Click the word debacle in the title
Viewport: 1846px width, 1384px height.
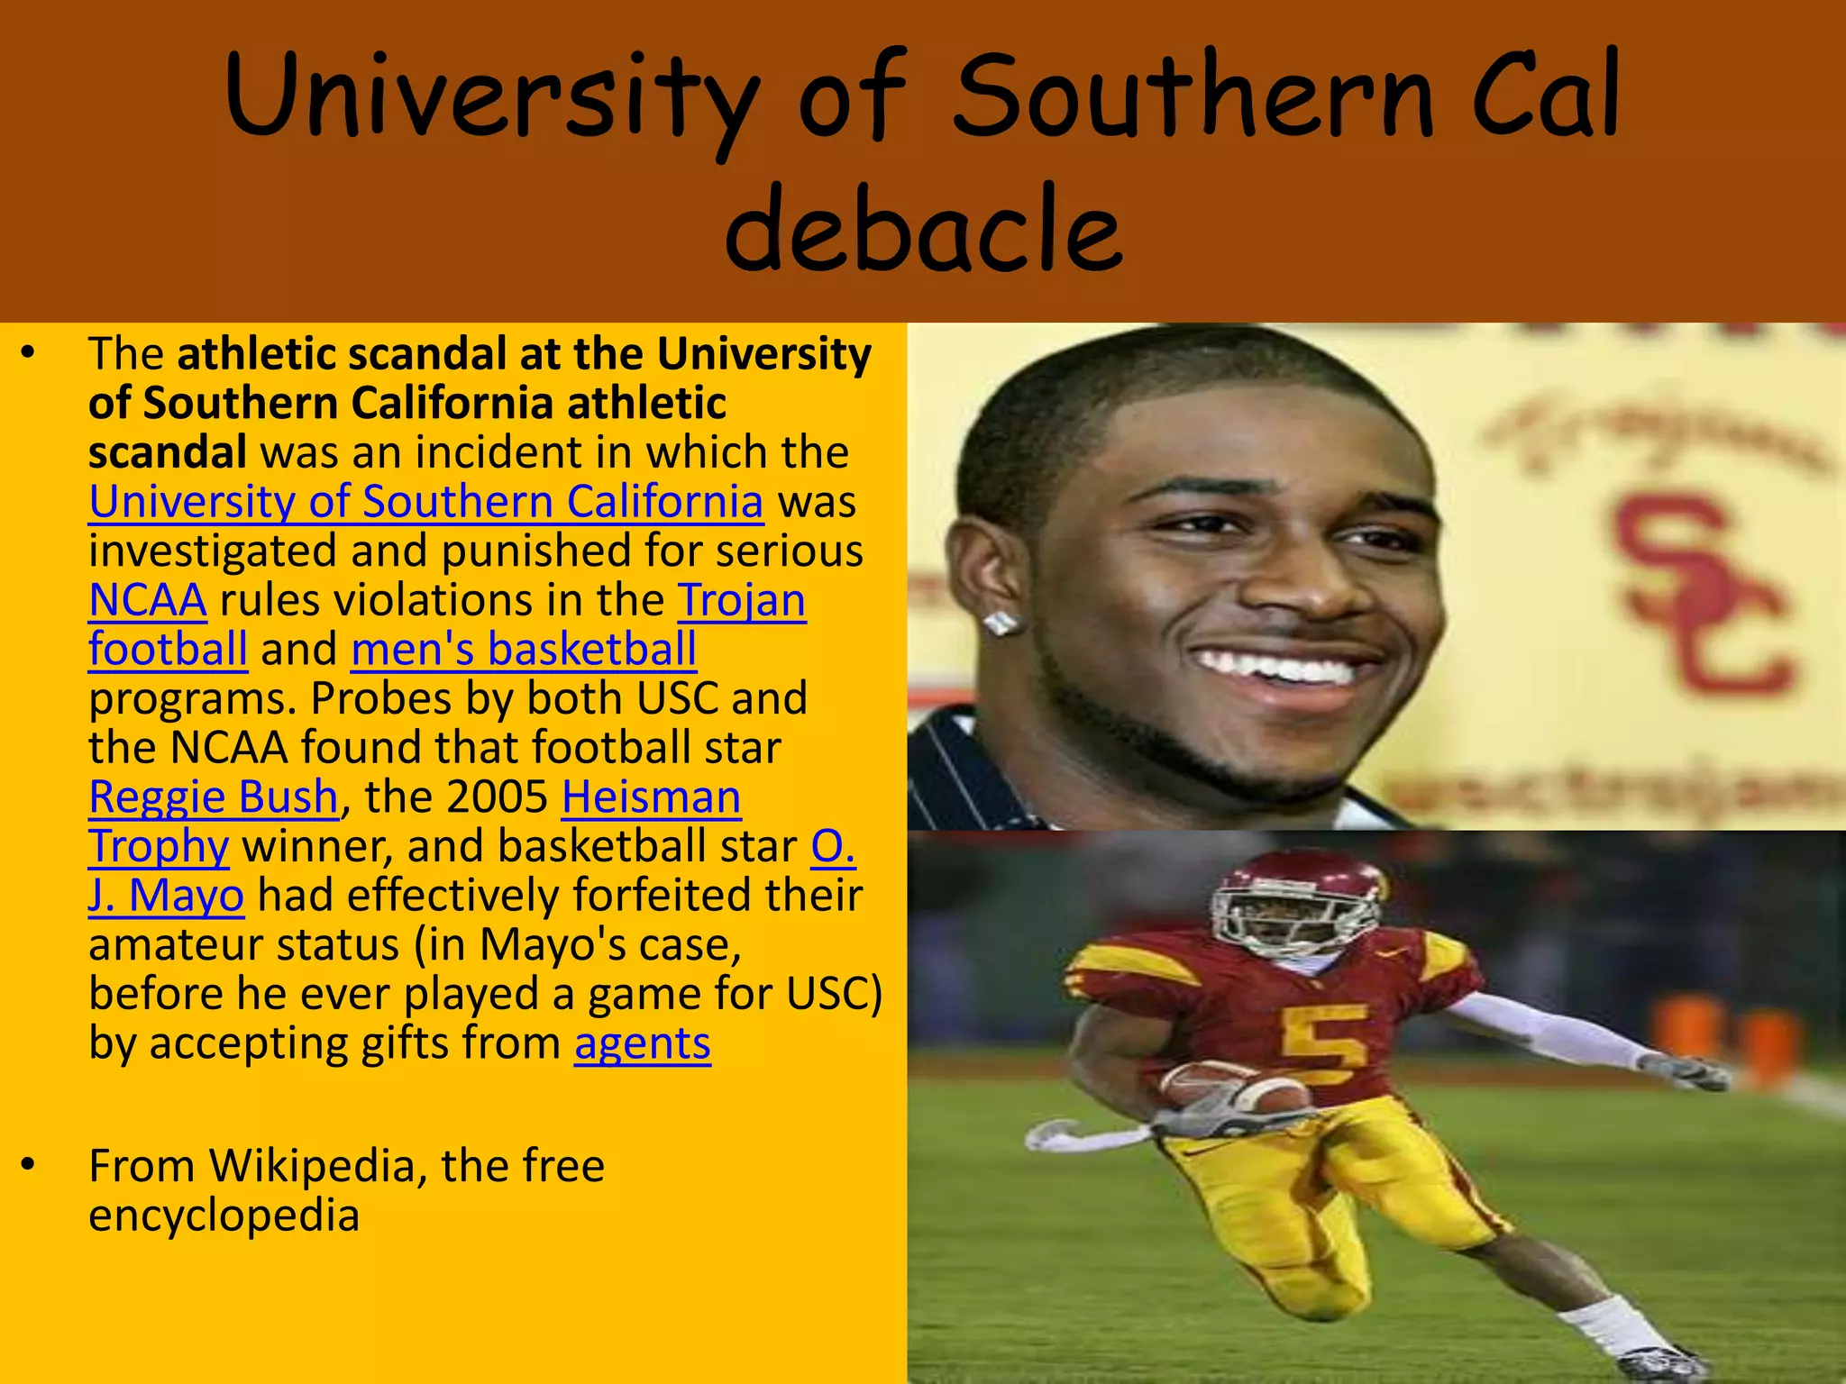(x=923, y=227)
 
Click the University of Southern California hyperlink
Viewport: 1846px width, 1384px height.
(x=425, y=502)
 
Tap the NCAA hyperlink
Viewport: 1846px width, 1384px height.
(x=148, y=600)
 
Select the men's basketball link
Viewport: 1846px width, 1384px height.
(x=524, y=650)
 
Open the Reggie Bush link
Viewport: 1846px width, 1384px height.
(x=214, y=797)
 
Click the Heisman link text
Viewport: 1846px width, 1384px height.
(x=651, y=797)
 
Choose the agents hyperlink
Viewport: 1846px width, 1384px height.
(x=642, y=1043)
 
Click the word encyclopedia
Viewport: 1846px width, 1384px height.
(x=224, y=1216)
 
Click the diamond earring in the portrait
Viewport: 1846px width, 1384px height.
(x=1001, y=623)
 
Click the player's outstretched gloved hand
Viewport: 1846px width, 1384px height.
(x=1686, y=1072)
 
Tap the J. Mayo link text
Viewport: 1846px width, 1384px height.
(x=166, y=896)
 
